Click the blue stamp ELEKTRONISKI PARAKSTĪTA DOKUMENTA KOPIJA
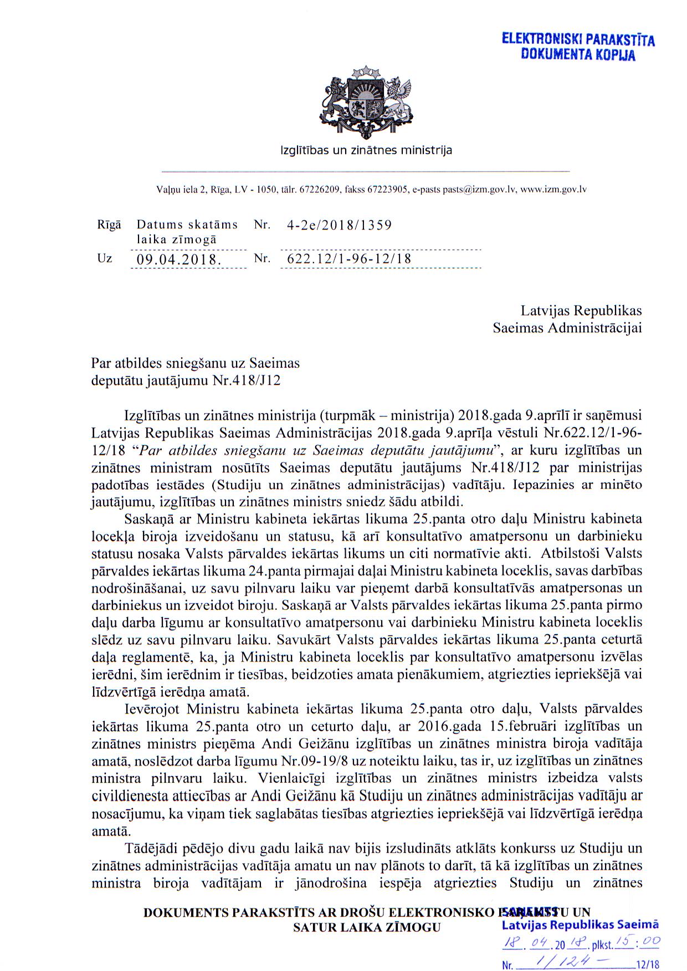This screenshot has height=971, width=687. [578, 47]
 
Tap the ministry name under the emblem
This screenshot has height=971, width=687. [366, 151]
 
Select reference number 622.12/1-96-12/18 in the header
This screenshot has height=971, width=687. [349, 259]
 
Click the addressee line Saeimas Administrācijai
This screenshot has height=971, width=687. [567, 328]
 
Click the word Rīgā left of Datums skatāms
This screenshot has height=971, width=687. [109, 225]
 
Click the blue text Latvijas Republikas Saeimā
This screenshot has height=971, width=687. [580, 924]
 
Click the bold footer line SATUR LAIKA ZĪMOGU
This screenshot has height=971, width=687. [367, 928]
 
